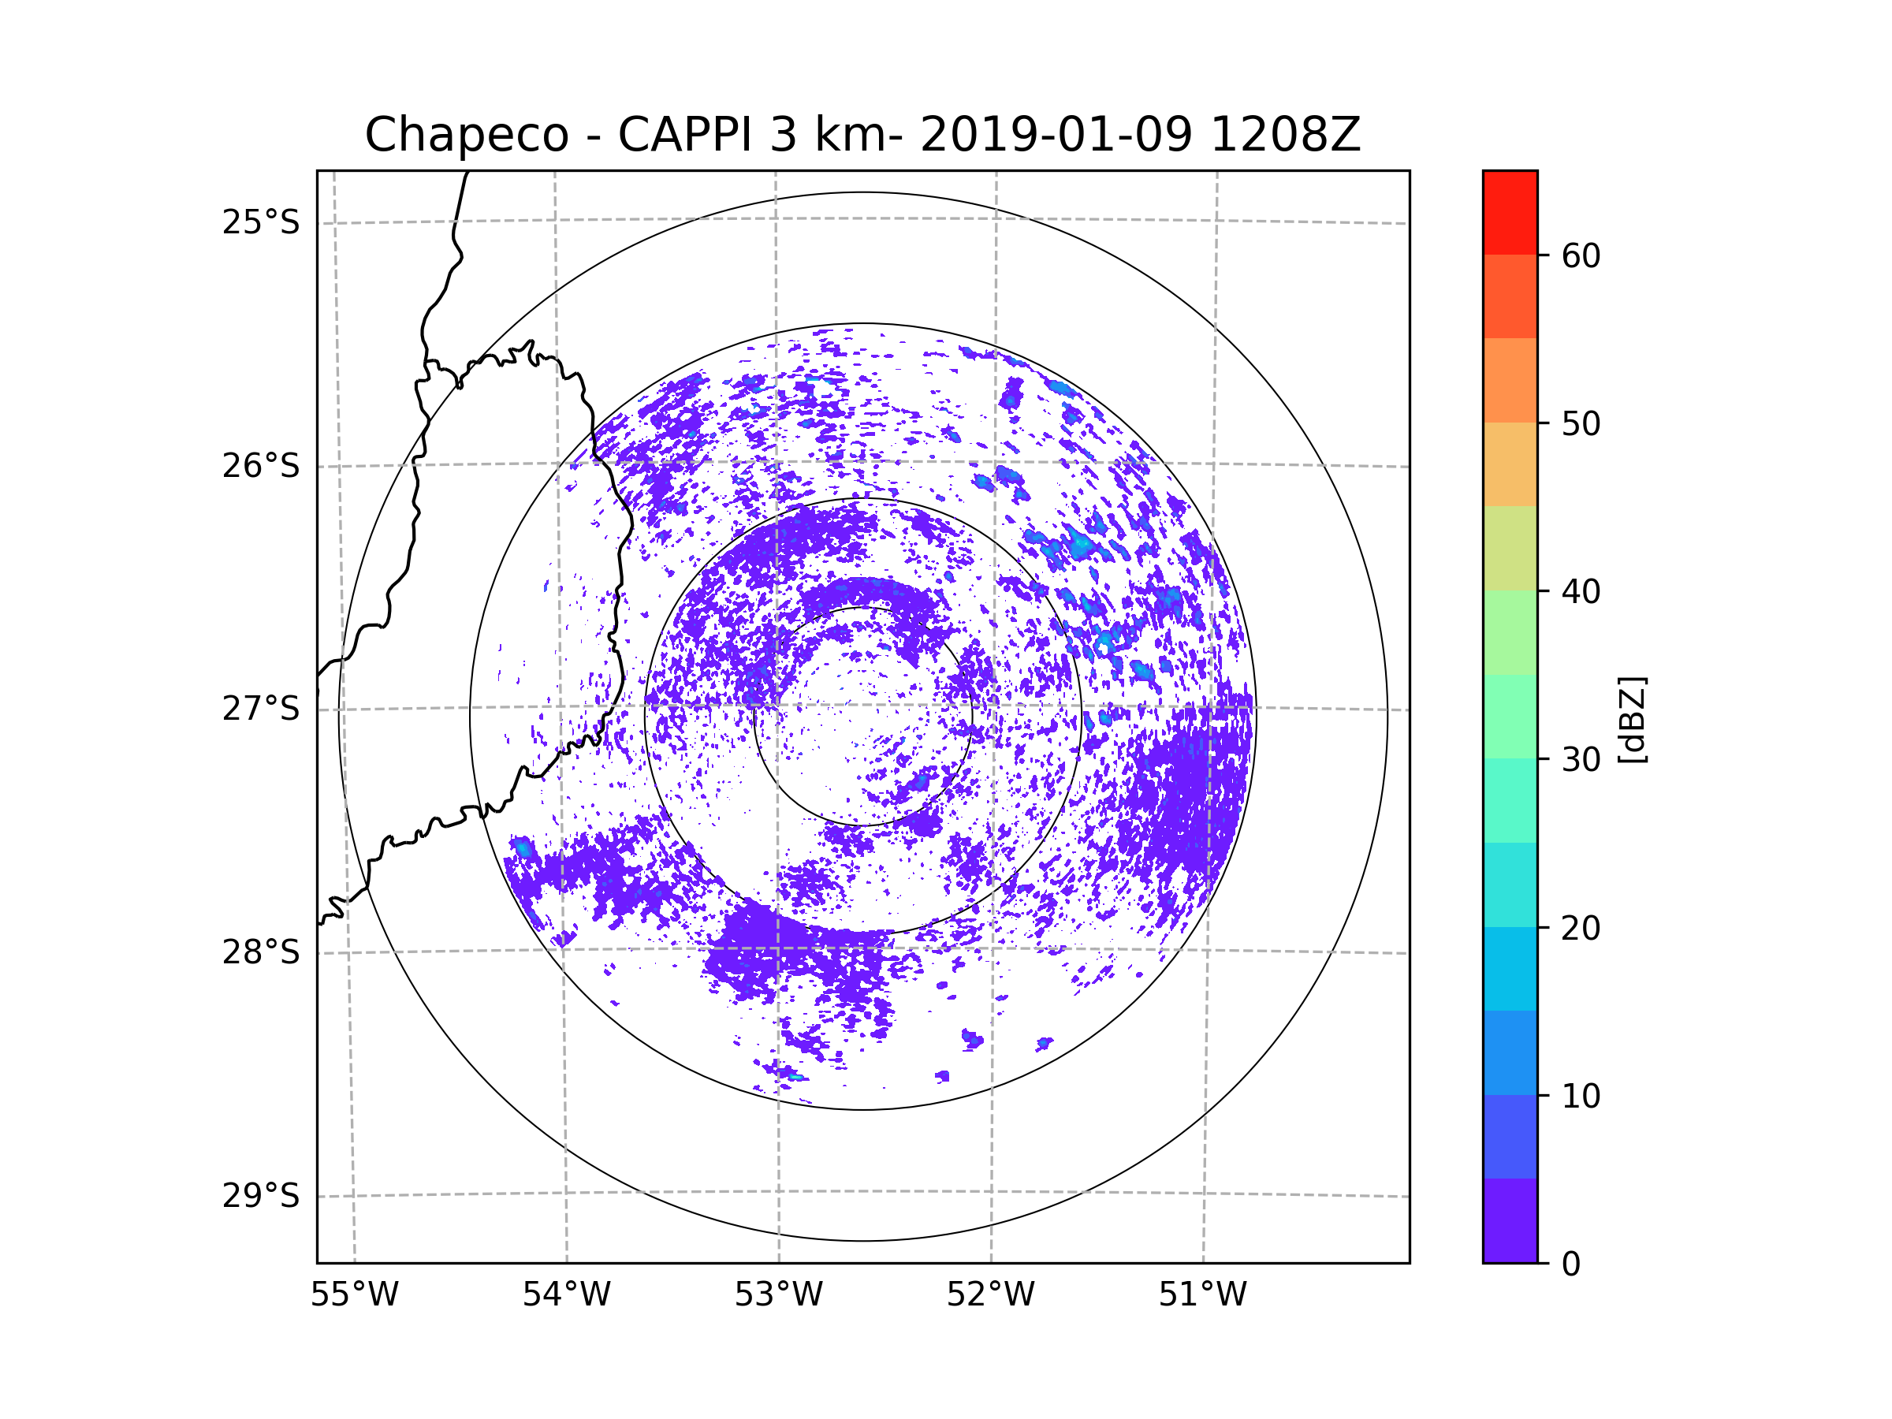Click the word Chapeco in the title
click(466, 135)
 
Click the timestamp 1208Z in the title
click(1285, 135)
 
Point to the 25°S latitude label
click(261, 222)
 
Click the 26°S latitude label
click(261, 466)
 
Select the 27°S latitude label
click(261, 709)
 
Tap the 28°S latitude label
click(261, 952)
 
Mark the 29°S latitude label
click(261, 1196)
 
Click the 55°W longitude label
click(354, 1295)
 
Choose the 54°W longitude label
click(566, 1295)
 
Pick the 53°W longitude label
click(778, 1295)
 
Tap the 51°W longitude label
click(1202, 1295)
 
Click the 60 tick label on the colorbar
click(1581, 255)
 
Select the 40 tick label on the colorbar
click(1581, 592)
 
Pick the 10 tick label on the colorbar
click(1581, 1096)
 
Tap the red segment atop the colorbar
click(1510, 212)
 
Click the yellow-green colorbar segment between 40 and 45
click(1510, 548)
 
